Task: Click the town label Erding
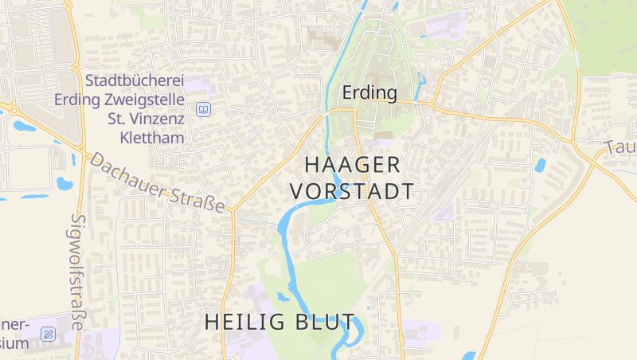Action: click(x=369, y=93)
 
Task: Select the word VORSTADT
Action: click(x=352, y=192)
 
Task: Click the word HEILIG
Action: click(x=242, y=322)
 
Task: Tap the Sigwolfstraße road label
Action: click(x=77, y=271)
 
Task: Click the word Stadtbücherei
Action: click(x=135, y=81)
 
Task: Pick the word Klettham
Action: click(x=151, y=138)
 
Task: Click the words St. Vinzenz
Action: click(x=146, y=119)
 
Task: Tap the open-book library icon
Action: click(x=203, y=109)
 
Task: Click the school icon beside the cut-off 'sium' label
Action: click(x=48, y=334)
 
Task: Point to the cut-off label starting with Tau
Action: click(x=619, y=147)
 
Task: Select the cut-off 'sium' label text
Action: click(x=14, y=343)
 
